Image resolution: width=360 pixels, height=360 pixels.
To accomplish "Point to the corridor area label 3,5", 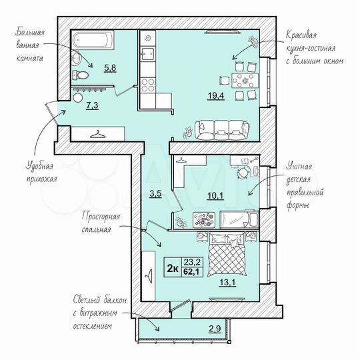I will [x=154, y=195].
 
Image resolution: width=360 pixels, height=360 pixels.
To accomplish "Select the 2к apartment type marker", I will [x=172, y=269].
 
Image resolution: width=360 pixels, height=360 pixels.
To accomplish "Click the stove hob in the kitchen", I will [x=148, y=85].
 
